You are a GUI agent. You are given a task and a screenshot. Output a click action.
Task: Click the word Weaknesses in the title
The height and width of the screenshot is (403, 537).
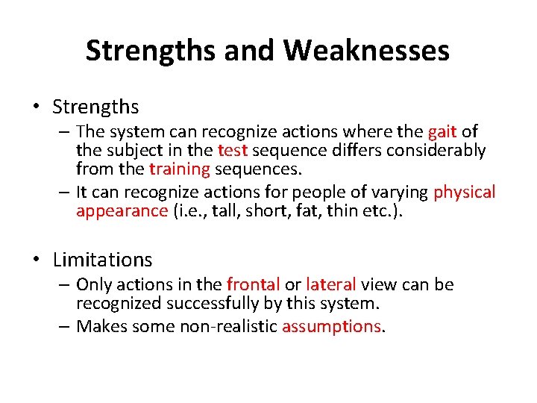366,51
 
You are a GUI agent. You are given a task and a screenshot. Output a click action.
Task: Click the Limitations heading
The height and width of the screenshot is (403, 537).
102,260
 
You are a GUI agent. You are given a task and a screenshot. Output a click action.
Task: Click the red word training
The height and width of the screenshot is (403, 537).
178,169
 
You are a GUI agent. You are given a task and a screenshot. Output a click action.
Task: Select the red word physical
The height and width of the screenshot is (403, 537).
464,192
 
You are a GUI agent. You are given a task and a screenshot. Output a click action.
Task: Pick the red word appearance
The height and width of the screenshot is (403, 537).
122,210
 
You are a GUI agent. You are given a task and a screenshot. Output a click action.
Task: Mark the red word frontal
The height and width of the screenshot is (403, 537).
253,284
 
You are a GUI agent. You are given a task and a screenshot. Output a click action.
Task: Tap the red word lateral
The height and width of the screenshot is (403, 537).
330,284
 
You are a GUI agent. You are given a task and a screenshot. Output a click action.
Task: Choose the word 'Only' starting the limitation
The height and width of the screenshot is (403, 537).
92,284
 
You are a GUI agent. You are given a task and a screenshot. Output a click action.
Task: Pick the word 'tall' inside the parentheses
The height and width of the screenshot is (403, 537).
221,210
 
